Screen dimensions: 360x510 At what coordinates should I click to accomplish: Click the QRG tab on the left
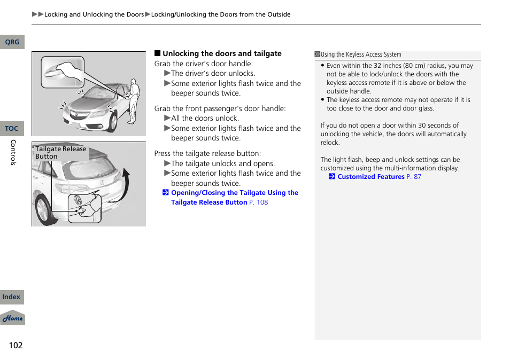(x=12, y=42)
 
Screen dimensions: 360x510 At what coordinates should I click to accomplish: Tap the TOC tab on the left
(x=12, y=129)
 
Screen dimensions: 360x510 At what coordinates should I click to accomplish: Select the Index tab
(x=11, y=298)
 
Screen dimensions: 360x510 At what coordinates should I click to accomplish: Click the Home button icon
(x=12, y=318)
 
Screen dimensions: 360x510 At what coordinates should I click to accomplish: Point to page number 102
(x=16, y=345)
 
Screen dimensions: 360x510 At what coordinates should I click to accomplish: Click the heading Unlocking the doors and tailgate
(x=222, y=53)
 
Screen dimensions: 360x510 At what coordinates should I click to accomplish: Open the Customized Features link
(x=371, y=177)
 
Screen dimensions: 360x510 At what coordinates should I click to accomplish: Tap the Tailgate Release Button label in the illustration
(x=60, y=153)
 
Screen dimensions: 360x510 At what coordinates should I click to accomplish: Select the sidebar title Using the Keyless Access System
(x=361, y=54)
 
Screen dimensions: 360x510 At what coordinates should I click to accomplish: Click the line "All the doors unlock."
(x=205, y=119)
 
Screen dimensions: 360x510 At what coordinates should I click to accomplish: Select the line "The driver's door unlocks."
(x=213, y=74)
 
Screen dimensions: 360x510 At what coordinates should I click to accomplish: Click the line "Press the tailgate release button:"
(x=207, y=154)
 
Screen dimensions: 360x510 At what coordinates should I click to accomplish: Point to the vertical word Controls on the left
(x=13, y=152)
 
